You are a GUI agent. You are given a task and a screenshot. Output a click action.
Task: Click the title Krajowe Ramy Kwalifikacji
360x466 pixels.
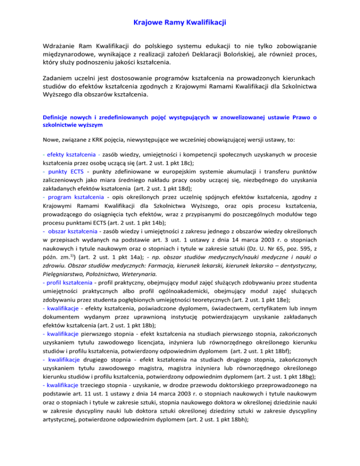click(x=180, y=22)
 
